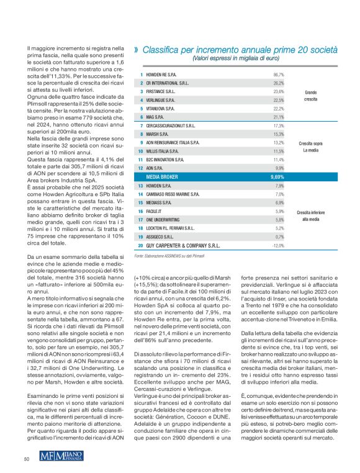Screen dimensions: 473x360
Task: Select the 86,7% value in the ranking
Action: tap(278, 74)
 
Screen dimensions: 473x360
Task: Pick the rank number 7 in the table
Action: tap(141, 125)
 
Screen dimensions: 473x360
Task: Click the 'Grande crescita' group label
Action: tap(310, 96)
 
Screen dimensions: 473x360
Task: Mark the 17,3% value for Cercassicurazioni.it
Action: tap(278, 125)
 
